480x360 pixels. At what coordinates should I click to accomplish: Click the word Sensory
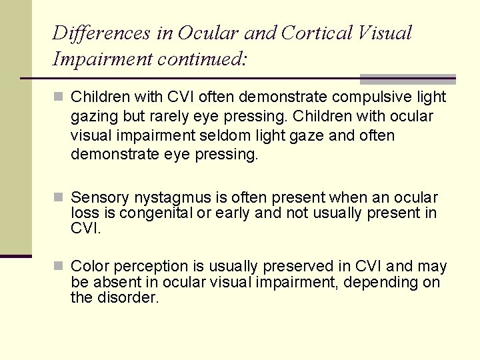point(100,198)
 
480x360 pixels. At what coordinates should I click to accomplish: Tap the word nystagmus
point(168,198)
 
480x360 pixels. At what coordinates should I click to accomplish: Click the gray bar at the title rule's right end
point(407,79)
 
